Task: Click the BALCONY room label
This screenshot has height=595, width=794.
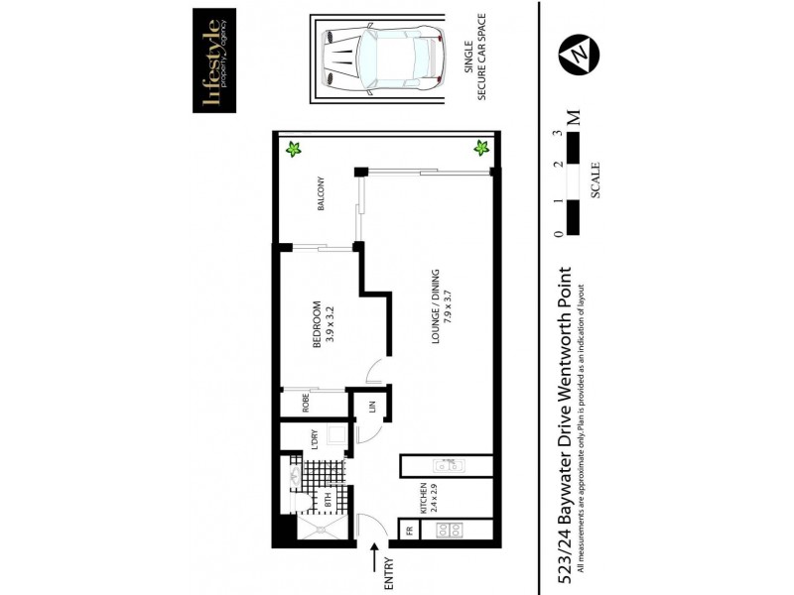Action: [321, 198]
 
